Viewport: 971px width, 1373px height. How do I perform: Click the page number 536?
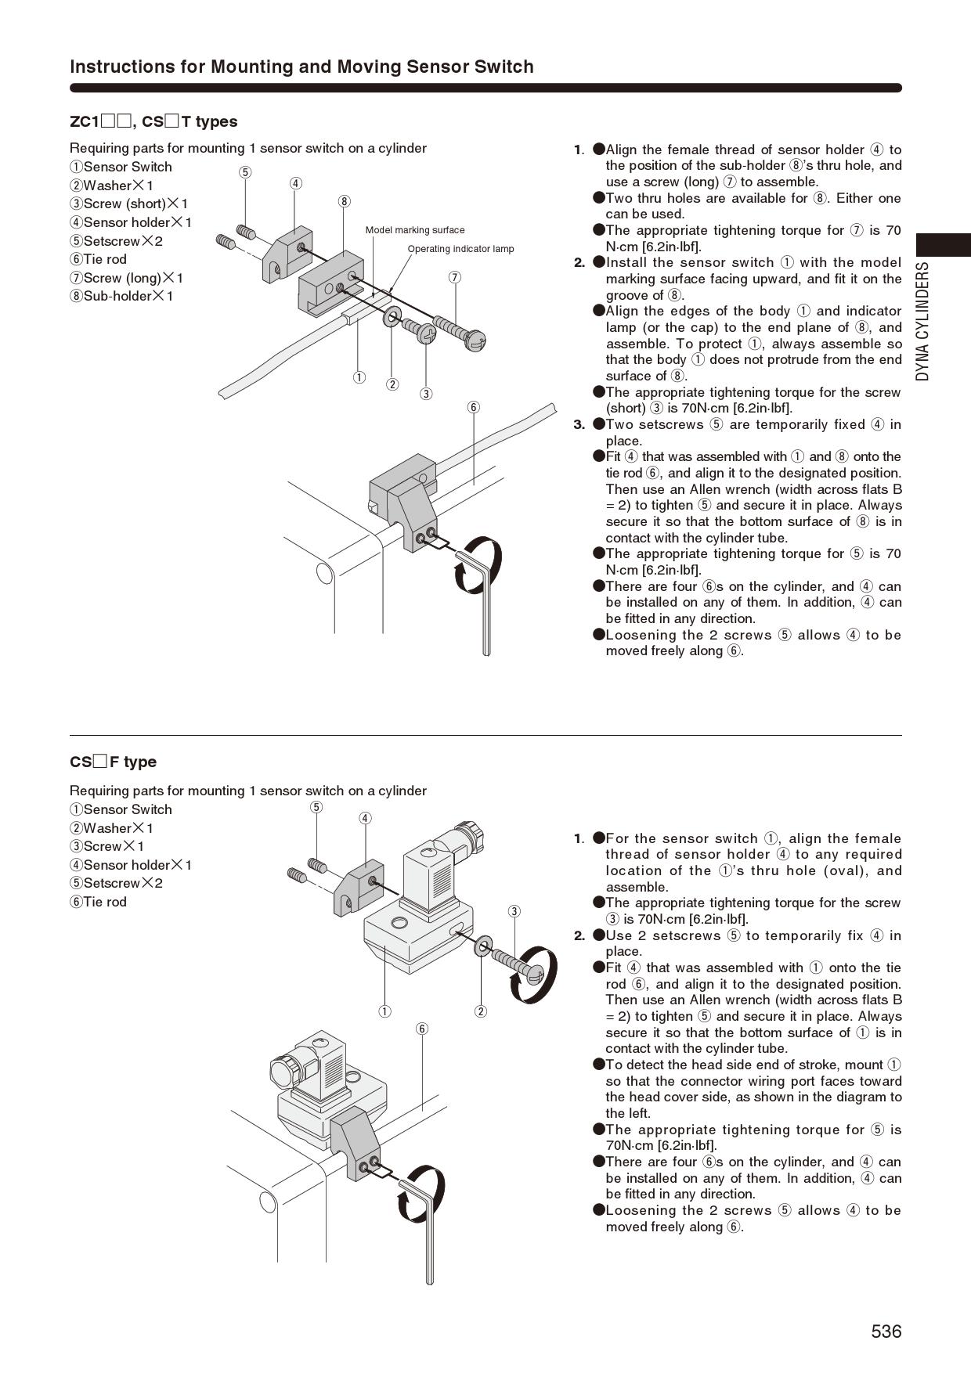coord(886,1331)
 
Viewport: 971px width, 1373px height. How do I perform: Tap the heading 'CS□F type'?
coord(113,762)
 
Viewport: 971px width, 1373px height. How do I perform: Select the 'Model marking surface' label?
coord(414,230)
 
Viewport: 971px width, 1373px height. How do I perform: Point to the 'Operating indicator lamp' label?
coord(460,249)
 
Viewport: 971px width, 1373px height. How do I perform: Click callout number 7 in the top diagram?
coord(455,277)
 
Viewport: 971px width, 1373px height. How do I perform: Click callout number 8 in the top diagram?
coord(344,201)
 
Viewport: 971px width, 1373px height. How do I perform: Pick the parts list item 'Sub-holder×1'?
coord(121,296)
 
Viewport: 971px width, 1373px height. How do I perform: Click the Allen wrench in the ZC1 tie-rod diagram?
coord(478,595)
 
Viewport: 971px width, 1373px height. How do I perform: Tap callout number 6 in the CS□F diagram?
coord(422,1028)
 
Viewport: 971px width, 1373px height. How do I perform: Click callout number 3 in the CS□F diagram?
coord(514,910)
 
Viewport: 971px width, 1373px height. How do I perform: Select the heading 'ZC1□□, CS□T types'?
coord(153,121)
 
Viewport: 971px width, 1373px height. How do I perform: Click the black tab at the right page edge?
coord(944,244)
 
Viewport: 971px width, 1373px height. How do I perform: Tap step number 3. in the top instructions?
coord(579,425)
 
